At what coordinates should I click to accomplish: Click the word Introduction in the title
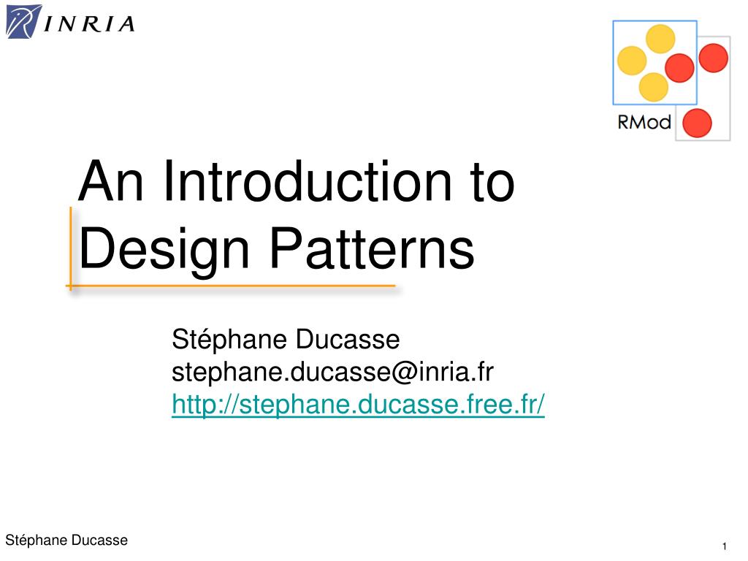(308, 181)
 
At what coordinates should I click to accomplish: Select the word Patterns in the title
(372, 248)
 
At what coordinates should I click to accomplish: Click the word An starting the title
(110, 181)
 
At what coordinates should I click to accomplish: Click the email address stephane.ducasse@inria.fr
(332, 372)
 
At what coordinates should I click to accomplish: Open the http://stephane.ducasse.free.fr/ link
(358, 405)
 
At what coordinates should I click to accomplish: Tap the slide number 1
(724, 546)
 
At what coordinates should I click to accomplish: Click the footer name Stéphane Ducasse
(66, 540)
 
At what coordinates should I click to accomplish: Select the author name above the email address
(286, 340)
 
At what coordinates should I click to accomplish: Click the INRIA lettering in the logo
(89, 24)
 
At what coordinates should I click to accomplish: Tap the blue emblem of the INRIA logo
(23, 21)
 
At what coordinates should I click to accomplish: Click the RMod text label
(644, 122)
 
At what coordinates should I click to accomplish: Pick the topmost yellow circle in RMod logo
(660, 39)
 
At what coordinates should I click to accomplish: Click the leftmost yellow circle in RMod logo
(632, 61)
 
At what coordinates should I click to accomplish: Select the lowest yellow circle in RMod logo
(653, 88)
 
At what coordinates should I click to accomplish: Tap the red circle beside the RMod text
(697, 123)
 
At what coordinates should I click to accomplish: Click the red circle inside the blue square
(679, 68)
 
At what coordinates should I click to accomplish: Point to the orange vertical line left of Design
(71, 248)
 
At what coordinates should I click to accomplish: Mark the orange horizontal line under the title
(231, 286)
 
